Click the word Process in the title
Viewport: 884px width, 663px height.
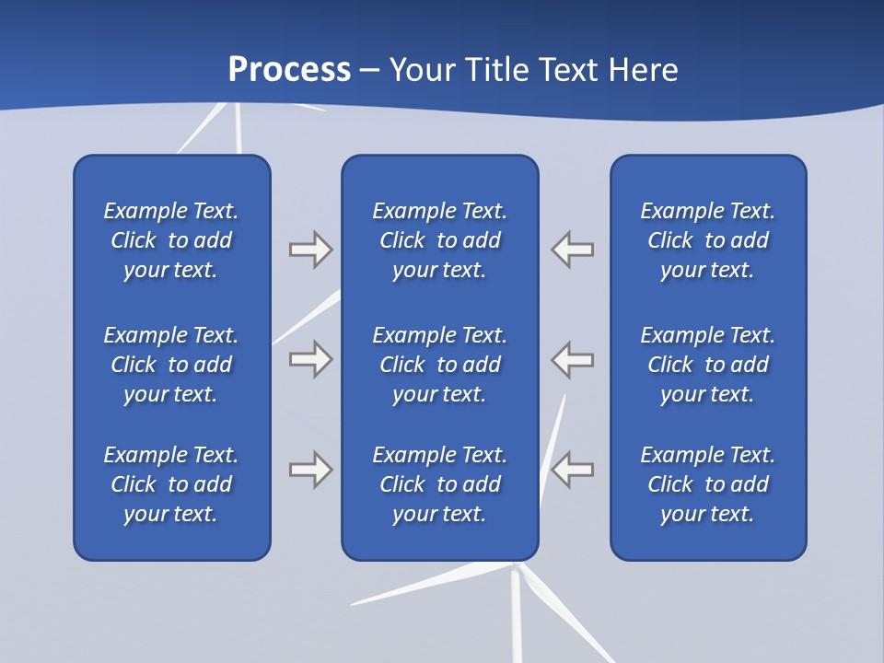tap(289, 69)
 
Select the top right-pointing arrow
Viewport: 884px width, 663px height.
tap(310, 249)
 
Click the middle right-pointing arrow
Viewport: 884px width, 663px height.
tap(310, 359)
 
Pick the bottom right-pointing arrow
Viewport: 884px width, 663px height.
tap(310, 470)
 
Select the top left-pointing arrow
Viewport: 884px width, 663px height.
tap(573, 249)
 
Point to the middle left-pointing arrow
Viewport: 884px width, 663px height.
tap(573, 359)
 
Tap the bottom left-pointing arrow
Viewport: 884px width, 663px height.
tap(573, 470)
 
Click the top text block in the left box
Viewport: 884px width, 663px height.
tap(171, 240)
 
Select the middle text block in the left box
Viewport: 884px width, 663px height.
tap(171, 365)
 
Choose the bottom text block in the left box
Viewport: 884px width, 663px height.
tap(171, 484)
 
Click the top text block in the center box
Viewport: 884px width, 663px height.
tap(439, 240)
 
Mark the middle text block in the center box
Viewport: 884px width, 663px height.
tap(439, 365)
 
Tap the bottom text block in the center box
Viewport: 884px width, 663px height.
tap(439, 484)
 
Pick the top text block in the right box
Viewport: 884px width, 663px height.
tap(707, 240)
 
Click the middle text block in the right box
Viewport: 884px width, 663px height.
tap(707, 365)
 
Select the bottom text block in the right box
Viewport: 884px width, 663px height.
tap(707, 484)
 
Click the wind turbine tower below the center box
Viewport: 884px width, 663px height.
tap(516, 617)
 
